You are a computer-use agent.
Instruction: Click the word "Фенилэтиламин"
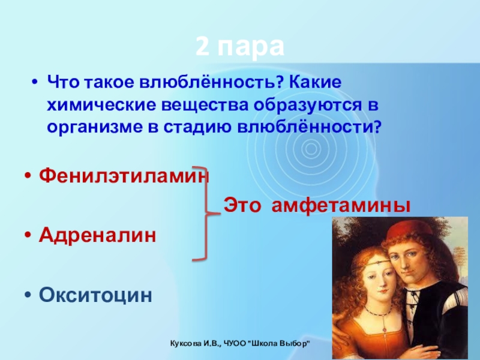[x=124, y=176]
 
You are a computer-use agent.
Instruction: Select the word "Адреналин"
[x=97, y=235]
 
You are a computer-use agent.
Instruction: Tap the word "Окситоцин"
[x=95, y=295]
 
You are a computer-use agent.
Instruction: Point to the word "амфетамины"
[x=341, y=206]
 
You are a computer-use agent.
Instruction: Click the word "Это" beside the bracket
[x=242, y=205]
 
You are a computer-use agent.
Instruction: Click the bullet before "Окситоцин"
[x=28, y=295]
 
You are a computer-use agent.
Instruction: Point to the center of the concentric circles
[x=310, y=149]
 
